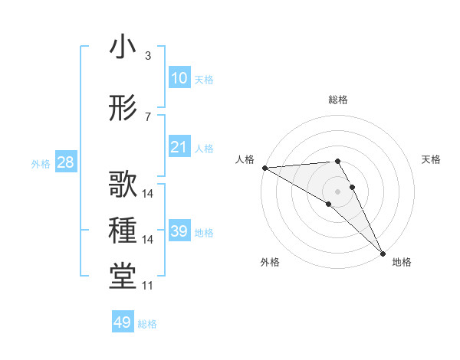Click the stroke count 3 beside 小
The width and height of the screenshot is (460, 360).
click(x=148, y=56)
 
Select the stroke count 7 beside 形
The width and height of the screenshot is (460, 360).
click(x=148, y=117)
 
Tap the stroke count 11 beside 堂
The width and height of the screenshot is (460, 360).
click(x=148, y=286)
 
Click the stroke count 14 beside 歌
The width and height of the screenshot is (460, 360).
click(x=148, y=193)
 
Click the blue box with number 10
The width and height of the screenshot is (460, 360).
click(x=179, y=78)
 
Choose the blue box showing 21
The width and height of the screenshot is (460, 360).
click(x=179, y=147)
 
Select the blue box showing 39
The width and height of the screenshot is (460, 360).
click(x=179, y=231)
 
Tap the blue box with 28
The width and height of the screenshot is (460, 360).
click(x=65, y=162)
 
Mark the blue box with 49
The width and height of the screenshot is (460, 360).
click(x=123, y=322)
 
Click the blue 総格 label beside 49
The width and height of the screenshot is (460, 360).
click(x=148, y=324)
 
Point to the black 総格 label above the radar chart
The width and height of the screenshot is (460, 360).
click(x=338, y=100)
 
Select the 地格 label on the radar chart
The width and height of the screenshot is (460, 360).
click(x=402, y=262)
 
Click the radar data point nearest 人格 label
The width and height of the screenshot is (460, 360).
click(x=264, y=168)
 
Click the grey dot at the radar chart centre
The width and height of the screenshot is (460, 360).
click(x=337, y=191)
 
